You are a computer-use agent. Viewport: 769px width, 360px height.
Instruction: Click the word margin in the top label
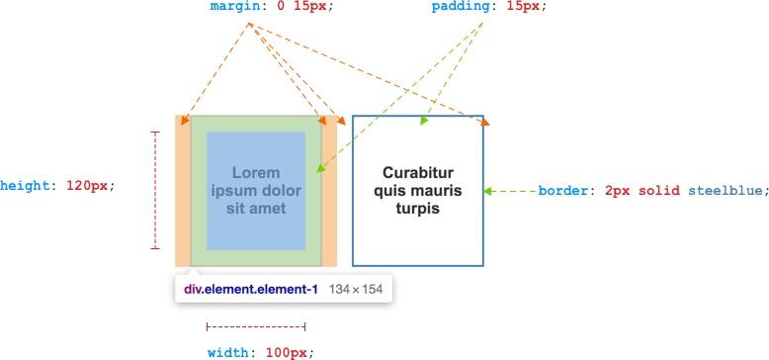pyautogui.click(x=234, y=6)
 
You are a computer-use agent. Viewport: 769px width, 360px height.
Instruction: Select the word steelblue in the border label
pyautogui.click(x=726, y=190)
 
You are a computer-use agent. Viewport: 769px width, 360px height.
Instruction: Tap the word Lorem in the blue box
pyautogui.click(x=256, y=172)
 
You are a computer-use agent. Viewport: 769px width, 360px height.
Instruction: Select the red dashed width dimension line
pyautogui.click(x=256, y=325)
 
